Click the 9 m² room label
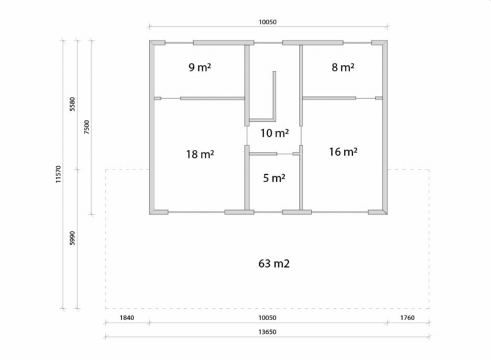(x=200, y=67)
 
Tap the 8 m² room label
(x=343, y=67)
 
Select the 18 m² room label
(x=200, y=154)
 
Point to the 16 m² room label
(x=343, y=152)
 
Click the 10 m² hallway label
(x=274, y=133)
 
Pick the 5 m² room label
(x=274, y=178)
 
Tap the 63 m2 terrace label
(x=274, y=264)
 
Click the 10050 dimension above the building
(x=267, y=22)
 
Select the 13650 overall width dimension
(x=267, y=332)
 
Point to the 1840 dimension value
(x=127, y=317)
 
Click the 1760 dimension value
(x=407, y=317)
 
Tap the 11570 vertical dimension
(x=58, y=174)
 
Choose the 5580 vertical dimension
(x=72, y=104)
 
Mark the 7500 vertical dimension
(x=86, y=127)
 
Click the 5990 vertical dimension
(x=72, y=238)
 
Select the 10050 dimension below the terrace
(x=267, y=317)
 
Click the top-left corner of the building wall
(x=150, y=41)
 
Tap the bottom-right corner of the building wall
(x=388, y=215)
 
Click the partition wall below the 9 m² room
(x=212, y=98)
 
